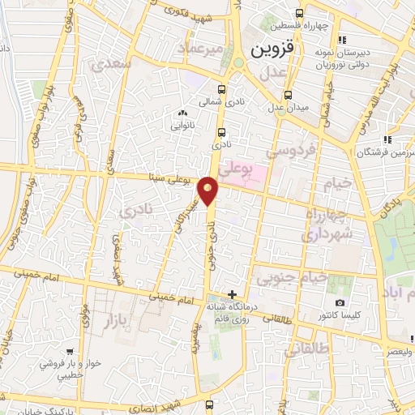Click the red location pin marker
(209, 190)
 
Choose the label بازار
(115, 322)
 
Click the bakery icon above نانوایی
(181, 114)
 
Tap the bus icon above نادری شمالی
(221, 90)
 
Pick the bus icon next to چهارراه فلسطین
(301, 13)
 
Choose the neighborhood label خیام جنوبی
(293, 278)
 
